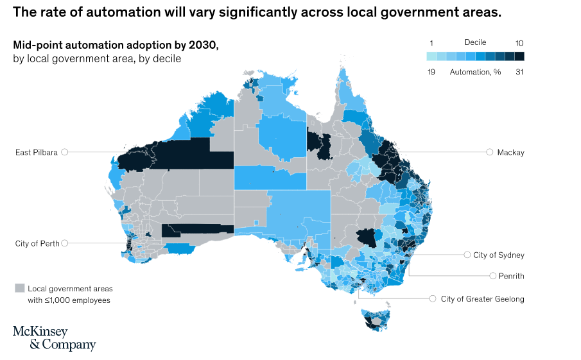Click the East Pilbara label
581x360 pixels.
point(37,152)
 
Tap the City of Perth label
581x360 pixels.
point(37,243)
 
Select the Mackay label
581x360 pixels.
point(510,152)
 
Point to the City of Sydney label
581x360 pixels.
point(498,255)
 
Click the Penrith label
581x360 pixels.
point(510,276)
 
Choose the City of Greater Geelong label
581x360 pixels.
point(482,298)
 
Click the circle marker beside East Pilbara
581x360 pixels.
point(64,152)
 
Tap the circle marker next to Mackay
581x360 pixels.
point(490,152)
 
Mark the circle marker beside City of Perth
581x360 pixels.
point(64,243)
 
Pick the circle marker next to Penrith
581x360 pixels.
point(492,276)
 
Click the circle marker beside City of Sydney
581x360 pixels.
point(467,255)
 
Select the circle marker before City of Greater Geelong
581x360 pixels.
point(433,298)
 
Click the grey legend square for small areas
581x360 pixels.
point(19,288)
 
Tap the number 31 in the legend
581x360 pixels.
point(519,72)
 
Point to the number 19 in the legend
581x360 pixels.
point(431,72)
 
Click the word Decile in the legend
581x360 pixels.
point(475,42)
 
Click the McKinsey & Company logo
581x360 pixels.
point(54,338)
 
